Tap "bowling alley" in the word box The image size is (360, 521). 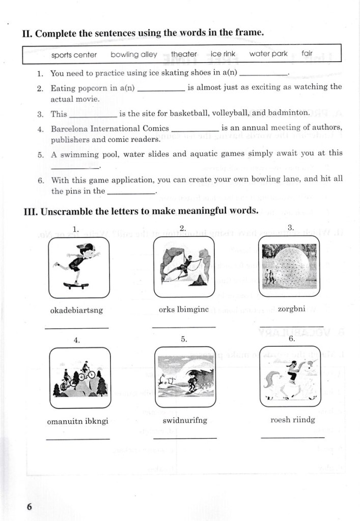coord(134,54)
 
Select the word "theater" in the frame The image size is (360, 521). coord(184,53)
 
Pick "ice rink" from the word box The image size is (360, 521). coord(223,53)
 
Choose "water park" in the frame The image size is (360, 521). coord(268,53)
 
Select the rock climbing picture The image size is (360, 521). coord(184,267)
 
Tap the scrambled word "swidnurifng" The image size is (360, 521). coord(184,420)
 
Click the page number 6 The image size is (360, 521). coord(30,507)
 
